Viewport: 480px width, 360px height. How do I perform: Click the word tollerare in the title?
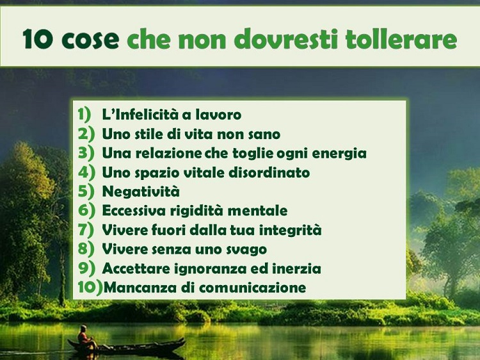(402, 39)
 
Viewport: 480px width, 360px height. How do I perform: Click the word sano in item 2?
(264, 134)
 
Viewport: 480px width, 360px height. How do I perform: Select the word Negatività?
(141, 192)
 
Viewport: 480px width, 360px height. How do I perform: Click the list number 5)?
(86, 192)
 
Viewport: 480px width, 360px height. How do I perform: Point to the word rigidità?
(204, 211)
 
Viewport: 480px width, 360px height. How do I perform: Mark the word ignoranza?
(209, 268)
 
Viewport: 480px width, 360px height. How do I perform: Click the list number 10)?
(90, 288)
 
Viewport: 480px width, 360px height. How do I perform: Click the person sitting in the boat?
(83, 336)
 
